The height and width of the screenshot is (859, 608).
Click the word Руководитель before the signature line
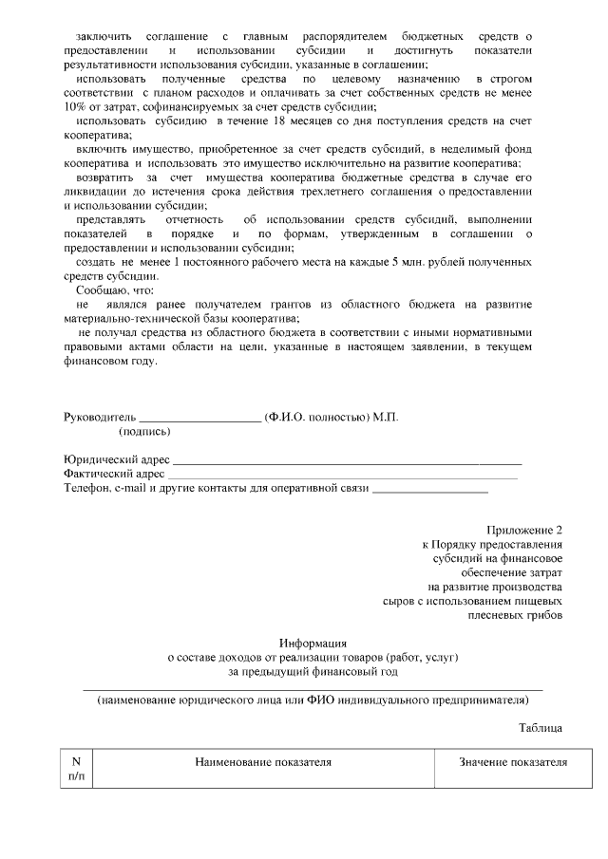click(x=100, y=417)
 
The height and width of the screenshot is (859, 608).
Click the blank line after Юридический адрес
click(x=347, y=461)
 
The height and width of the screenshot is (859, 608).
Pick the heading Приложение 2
click(x=524, y=530)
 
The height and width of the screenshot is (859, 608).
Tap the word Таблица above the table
click(x=541, y=727)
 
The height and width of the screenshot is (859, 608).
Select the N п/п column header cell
click(x=77, y=769)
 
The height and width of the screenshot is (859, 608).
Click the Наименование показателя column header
click(x=263, y=762)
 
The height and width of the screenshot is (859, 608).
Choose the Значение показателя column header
click(x=512, y=762)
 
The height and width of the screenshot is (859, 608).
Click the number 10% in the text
click(x=75, y=106)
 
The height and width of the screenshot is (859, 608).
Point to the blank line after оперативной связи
click(x=430, y=490)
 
